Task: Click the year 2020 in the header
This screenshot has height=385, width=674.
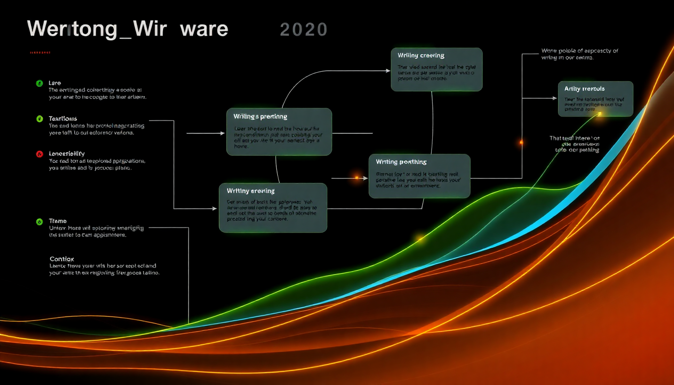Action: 303,30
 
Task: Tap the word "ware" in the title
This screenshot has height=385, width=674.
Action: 204,29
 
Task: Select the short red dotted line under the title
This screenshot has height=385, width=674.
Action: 40,52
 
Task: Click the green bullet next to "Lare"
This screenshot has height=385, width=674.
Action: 39,83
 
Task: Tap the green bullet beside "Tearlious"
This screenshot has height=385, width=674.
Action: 39,119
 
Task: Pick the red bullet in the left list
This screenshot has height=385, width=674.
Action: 39,154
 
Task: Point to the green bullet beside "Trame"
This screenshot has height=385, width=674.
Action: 39,221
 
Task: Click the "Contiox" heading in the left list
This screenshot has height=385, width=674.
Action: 62,259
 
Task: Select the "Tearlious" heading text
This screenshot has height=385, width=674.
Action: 63,118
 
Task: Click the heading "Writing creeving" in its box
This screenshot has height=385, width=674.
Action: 421,55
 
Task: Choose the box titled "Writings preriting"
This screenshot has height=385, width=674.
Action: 279,131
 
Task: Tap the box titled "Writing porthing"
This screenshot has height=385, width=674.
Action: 419,175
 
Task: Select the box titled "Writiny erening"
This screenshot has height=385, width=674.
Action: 273,207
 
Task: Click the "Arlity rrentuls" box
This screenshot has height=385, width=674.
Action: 595,99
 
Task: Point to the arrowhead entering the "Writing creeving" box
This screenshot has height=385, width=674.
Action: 388,70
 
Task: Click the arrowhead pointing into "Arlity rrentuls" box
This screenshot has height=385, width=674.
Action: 555,98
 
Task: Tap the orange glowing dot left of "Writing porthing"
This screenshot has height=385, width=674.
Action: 357,177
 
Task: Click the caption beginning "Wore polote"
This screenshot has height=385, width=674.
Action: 579,54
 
